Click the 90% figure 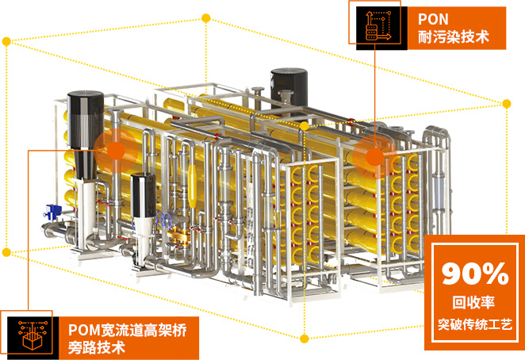(x=474, y=274)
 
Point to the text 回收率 (x=474, y=301)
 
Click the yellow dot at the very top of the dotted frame (x=206, y=17)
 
